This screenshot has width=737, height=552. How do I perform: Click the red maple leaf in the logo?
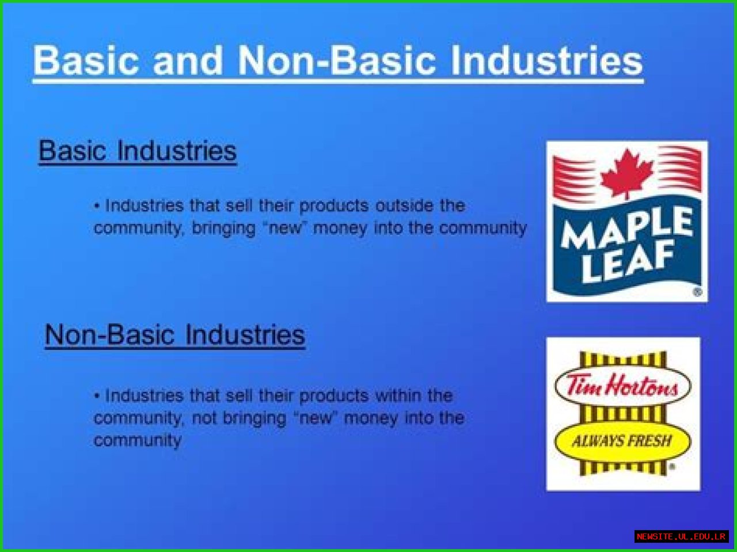point(626,173)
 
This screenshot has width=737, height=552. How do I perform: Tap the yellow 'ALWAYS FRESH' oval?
point(622,441)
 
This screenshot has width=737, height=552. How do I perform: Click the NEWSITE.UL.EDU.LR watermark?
point(681,536)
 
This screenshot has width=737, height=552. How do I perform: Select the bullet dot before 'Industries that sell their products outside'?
point(97,206)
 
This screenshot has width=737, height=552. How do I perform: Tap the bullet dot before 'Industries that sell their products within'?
point(97,396)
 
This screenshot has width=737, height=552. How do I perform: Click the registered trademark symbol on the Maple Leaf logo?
point(697,292)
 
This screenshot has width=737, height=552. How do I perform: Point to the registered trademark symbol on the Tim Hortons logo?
point(672,467)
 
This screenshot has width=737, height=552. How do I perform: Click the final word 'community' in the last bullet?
point(138,441)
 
